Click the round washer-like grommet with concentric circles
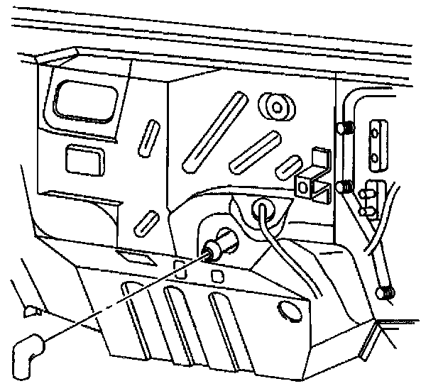[275, 106]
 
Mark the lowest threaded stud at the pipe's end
[386, 292]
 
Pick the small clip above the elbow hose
[31, 309]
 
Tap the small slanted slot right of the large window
[151, 136]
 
